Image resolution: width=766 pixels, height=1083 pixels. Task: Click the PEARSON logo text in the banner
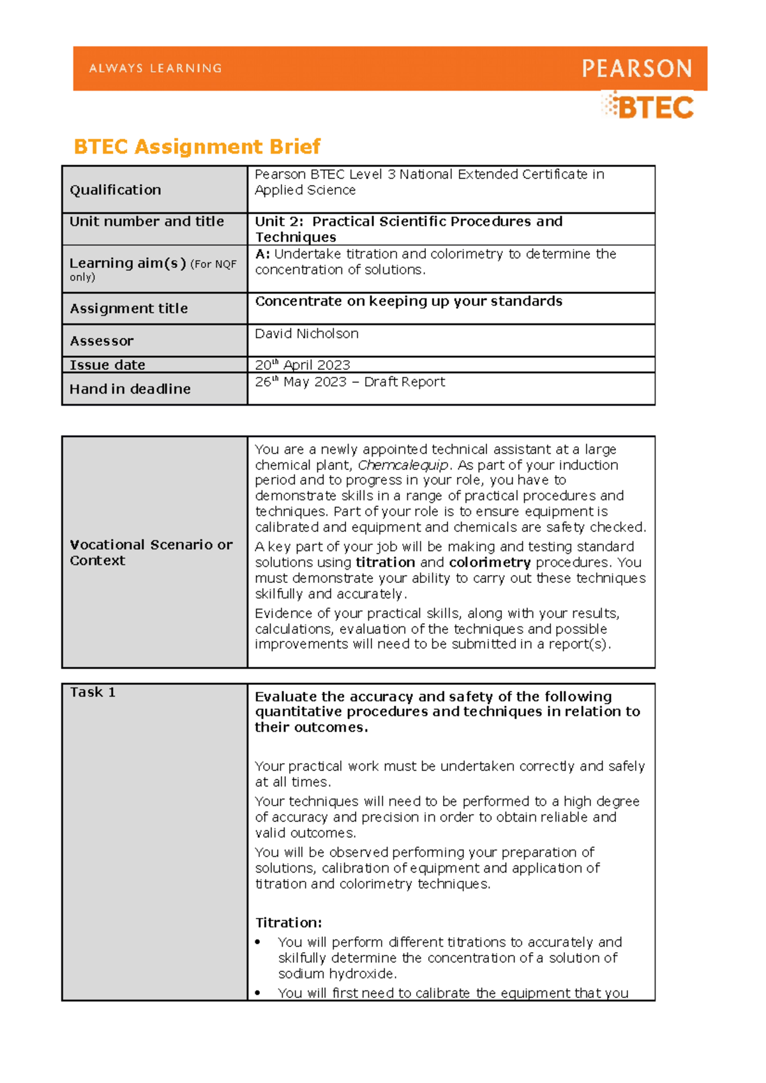pos(636,68)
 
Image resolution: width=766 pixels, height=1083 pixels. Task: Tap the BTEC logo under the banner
pos(649,107)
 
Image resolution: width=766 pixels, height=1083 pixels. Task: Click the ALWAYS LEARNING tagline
pos(156,68)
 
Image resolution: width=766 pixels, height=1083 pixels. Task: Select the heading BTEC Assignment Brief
pos(197,147)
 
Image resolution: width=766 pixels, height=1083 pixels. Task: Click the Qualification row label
pos(116,190)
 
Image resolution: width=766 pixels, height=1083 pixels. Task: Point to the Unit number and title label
pos(147,221)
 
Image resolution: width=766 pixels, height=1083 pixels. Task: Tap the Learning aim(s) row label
pos(128,263)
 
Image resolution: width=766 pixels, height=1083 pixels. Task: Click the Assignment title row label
pos(129,309)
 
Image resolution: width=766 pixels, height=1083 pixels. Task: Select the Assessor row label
pos(101,341)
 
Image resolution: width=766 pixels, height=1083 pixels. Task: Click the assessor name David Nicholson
pos(306,334)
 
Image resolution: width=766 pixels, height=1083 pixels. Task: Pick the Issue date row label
pos(107,365)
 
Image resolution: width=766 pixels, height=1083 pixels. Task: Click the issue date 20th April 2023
pos(303,365)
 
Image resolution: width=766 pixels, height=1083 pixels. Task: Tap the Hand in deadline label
pos(130,389)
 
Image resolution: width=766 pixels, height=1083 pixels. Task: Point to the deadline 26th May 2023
pos(301,382)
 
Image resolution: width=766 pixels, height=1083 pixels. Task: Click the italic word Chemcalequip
pos(403,465)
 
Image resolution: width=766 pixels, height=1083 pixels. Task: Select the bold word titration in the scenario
pos(385,563)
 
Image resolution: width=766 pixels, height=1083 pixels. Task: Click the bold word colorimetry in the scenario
pos(490,563)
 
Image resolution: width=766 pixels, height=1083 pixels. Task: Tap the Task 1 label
pos(93,693)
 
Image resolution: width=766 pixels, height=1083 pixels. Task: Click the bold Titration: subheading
pos(289,923)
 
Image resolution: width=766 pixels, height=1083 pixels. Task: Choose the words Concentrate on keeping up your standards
pos(409,301)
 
